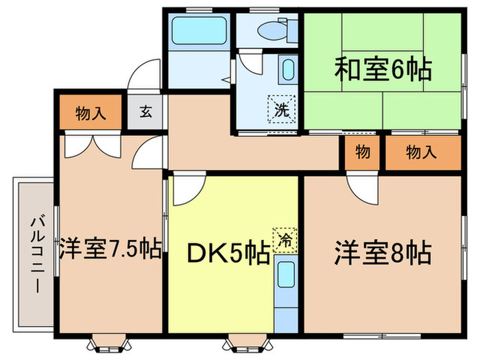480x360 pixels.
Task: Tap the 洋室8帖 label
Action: click(383, 254)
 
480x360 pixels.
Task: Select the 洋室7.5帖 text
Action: click(110, 248)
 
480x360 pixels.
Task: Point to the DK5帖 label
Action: click(228, 255)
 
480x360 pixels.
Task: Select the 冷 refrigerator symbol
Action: click(283, 240)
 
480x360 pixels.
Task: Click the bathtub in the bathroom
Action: click(198, 29)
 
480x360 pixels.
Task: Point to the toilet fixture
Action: click(271, 29)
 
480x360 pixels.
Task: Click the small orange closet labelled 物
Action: click(363, 152)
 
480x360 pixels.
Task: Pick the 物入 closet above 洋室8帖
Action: click(420, 152)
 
